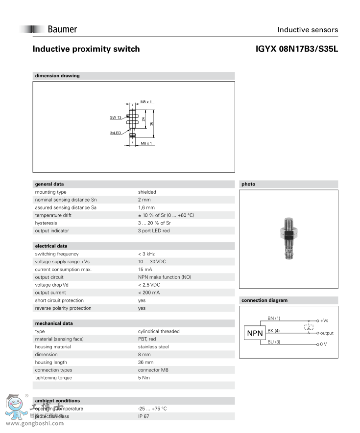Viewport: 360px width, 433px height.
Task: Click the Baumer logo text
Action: (x=62, y=29)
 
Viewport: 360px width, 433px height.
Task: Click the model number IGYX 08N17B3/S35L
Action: (x=297, y=49)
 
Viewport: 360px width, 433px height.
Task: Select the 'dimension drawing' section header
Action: (x=57, y=76)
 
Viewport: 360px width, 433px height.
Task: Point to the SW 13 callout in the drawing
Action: (x=116, y=117)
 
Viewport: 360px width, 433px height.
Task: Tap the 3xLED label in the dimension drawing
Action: (x=116, y=133)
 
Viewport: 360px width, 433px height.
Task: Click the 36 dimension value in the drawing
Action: (x=152, y=123)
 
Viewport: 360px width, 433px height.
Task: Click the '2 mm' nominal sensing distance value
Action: (x=144, y=200)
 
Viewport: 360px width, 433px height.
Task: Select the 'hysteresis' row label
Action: (x=46, y=223)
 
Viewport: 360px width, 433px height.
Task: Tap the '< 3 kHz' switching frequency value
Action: (x=146, y=254)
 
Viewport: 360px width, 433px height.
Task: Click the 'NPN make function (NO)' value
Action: (x=165, y=277)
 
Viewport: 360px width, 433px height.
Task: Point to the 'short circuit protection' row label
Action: (x=59, y=300)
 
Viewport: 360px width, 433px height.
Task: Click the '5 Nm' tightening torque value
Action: (x=144, y=378)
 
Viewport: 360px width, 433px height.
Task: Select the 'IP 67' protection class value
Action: (x=144, y=416)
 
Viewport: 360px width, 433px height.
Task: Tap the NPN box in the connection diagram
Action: (x=255, y=333)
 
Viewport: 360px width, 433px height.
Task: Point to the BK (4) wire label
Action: (x=274, y=331)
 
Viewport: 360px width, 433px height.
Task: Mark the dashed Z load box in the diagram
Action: (x=309, y=327)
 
